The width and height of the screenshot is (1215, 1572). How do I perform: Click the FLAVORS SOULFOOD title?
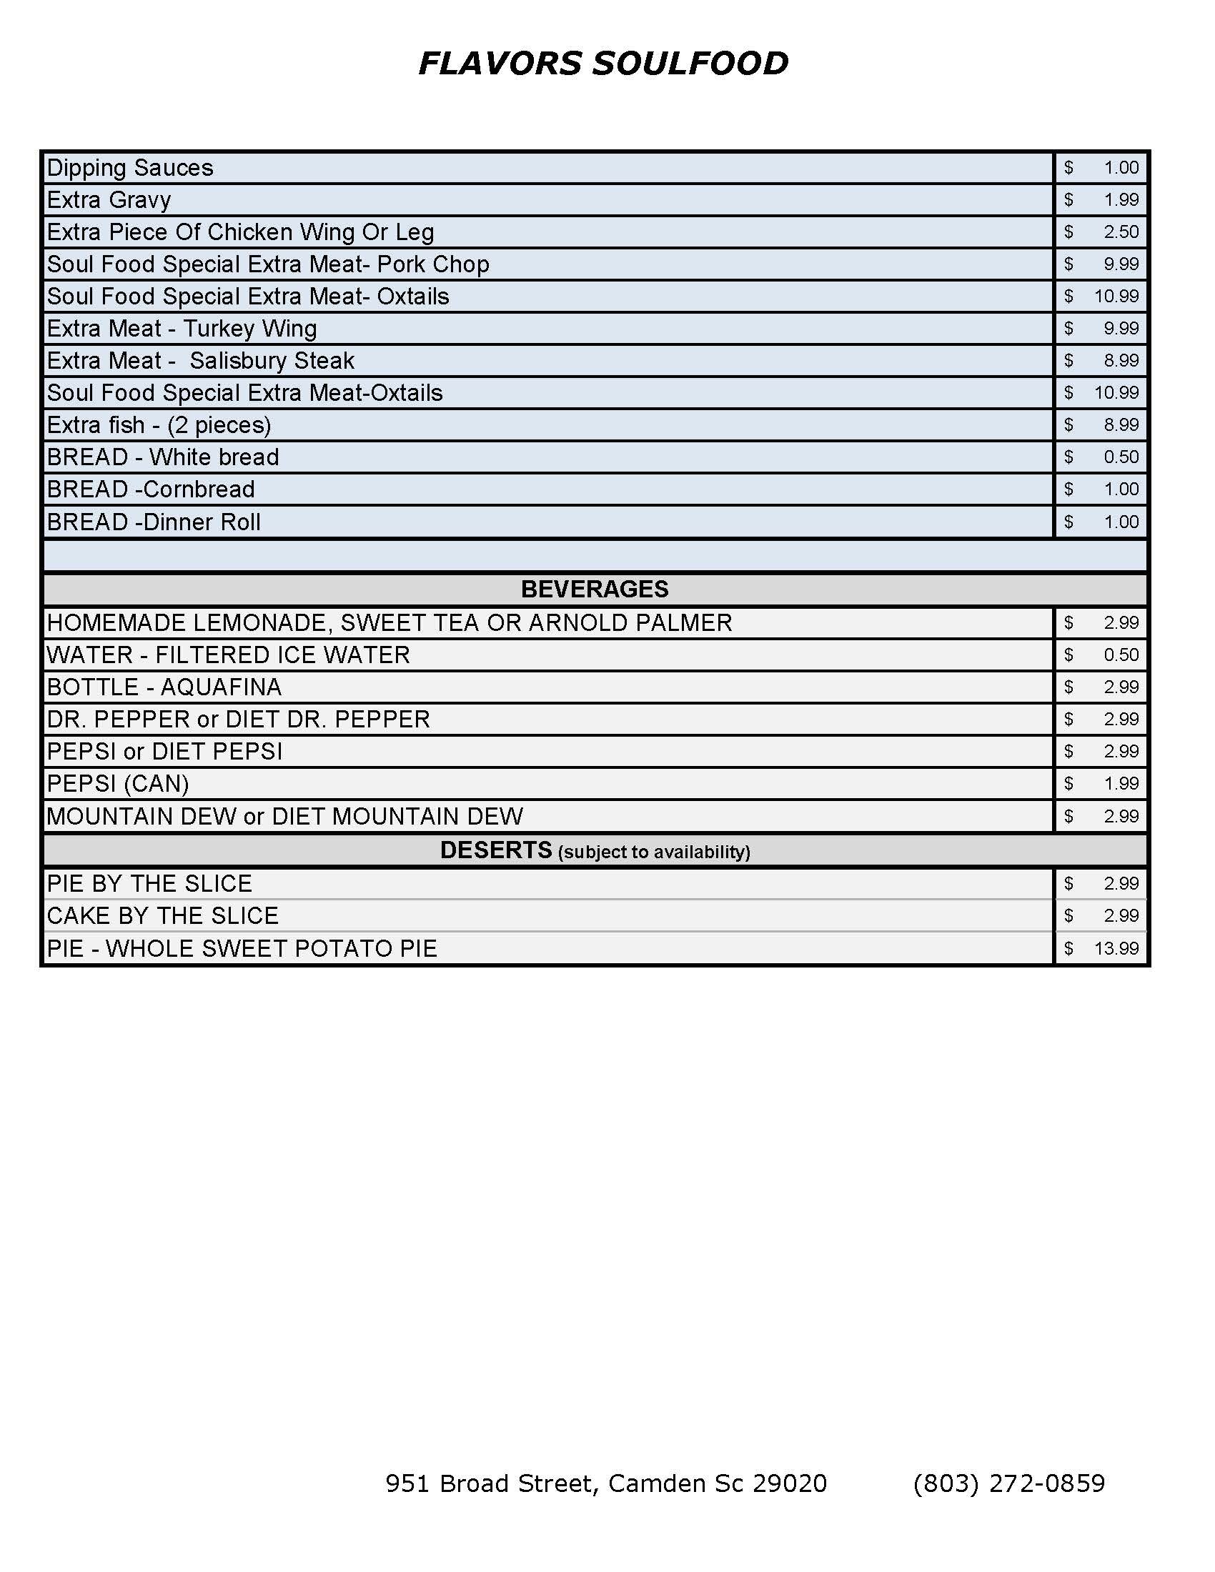point(603,64)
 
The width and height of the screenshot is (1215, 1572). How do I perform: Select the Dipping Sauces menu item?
point(130,168)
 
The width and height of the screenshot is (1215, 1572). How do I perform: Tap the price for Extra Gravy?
point(1120,199)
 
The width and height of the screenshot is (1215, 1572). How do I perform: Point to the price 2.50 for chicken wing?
point(1120,232)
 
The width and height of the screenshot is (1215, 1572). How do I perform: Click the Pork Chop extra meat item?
point(268,264)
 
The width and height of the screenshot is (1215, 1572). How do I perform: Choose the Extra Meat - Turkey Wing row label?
point(182,328)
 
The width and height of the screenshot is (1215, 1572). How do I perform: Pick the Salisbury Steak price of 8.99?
point(1120,361)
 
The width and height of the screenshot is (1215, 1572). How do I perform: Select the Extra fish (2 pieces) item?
point(159,424)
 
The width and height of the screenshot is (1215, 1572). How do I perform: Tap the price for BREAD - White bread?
point(1120,457)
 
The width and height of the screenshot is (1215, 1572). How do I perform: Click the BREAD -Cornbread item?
point(150,489)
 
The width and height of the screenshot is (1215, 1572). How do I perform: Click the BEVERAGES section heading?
point(595,589)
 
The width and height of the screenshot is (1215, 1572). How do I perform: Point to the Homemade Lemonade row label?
point(390,622)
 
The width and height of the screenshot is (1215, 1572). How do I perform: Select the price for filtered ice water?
point(1120,655)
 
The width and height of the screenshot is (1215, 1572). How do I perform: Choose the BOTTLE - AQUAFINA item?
point(164,687)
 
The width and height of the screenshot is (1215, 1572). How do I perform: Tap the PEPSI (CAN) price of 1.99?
point(1120,783)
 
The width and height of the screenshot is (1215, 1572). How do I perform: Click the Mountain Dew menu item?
point(285,816)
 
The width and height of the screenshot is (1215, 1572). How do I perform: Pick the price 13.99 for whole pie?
point(1116,948)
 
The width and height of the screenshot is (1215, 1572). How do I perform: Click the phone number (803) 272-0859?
point(1008,1483)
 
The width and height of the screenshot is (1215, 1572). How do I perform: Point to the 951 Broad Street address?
point(606,1483)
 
